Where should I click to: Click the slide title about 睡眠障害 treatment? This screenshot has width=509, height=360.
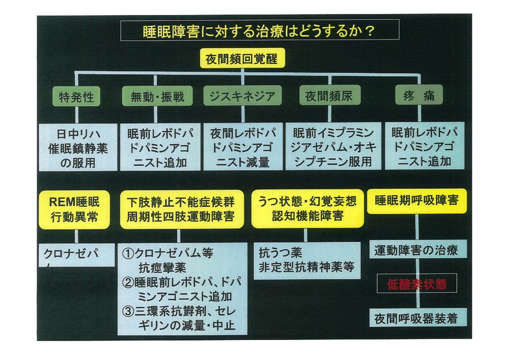259,31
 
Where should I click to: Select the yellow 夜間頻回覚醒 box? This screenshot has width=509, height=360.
242,60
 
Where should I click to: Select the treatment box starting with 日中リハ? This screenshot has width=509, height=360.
78,148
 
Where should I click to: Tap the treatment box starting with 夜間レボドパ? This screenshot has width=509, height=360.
242,148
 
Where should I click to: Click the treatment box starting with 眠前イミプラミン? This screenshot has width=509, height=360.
333,148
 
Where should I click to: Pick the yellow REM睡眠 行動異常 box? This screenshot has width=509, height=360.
75,209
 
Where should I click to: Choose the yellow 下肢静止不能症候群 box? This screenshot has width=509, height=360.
181,209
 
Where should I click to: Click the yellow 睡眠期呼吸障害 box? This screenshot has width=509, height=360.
417,201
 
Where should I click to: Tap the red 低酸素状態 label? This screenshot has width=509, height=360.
417,283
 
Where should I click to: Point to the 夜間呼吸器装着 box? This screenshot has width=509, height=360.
417,317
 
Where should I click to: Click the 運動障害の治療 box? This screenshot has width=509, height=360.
417,250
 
